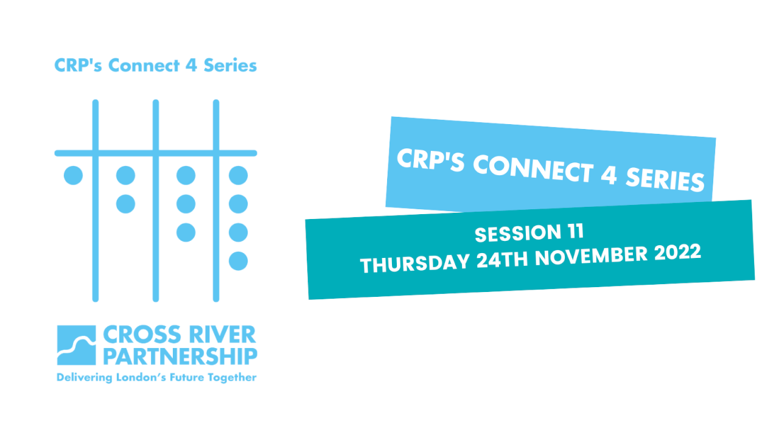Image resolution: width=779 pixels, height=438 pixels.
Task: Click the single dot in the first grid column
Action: pos(74,175)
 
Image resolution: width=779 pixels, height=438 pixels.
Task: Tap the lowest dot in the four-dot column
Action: pos(238,261)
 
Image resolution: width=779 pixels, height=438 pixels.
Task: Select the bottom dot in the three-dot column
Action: pos(186,232)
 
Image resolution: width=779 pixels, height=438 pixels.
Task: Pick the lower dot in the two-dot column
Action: pos(125,204)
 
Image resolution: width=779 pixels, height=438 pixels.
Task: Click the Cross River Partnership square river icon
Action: pos(77,345)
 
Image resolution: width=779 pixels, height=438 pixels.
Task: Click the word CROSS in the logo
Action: pos(142,335)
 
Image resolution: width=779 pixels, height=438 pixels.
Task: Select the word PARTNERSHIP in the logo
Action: pos(181,356)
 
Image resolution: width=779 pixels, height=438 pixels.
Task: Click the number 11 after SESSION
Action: pos(576,231)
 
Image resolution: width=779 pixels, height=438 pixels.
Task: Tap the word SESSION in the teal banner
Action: pos(518,233)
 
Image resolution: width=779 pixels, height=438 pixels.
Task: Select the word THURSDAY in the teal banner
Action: pos(415,263)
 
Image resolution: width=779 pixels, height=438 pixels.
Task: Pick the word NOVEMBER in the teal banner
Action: pos(591,256)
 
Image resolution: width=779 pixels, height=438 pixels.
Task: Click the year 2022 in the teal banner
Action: pos(677,252)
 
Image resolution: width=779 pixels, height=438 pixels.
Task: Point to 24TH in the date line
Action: pos(502,260)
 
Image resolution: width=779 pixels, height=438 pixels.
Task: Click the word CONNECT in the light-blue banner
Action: pos(533,169)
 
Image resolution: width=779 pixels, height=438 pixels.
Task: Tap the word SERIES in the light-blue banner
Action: pos(665,179)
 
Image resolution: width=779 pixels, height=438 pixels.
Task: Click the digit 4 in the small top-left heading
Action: pos(191,65)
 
